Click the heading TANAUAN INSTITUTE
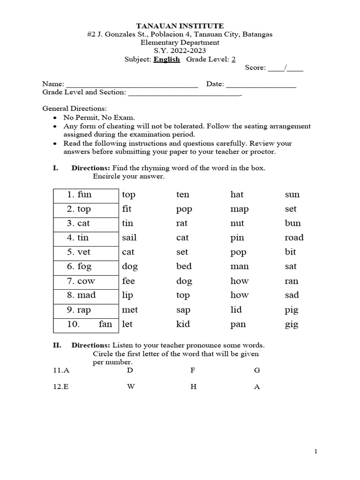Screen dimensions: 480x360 click(x=180, y=26)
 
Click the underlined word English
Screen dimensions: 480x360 click(x=166, y=59)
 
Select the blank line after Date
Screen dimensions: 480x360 click(x=261, y=85)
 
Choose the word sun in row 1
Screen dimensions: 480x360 click(x=292, y=195)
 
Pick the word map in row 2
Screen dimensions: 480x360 click(x=239, y=209)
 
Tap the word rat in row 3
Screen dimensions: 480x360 click(x=181, y=224)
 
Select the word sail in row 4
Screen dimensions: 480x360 click(x=129, y=238)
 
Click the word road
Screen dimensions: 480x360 click(x=294, y=238)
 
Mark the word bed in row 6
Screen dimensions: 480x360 click(x=184, y=266)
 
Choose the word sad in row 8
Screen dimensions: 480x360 click(x=292, y=295)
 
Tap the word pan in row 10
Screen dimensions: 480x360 click(x=238, y=324)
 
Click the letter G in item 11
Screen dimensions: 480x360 click(x=256, y=370)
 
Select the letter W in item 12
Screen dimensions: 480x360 click(x=130, y=387)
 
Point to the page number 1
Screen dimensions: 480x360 click(x=316, y=451)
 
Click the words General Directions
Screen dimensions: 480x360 click(x=75, y=108)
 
